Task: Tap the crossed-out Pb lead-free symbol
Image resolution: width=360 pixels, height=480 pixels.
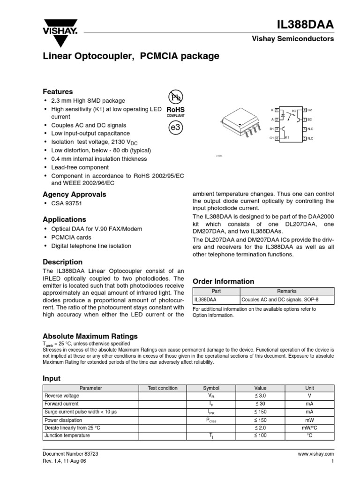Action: point(174,97)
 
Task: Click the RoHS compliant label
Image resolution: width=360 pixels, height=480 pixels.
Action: point(175,111)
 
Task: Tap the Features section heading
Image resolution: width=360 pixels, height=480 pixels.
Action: point(58,92)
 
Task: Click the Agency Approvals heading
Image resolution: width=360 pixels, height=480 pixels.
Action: point(75,194)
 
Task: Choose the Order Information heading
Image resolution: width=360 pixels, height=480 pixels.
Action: point(224,281)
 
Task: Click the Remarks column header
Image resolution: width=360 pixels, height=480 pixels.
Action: point(287,291)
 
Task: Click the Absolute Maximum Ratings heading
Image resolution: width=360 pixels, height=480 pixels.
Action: point(90,336)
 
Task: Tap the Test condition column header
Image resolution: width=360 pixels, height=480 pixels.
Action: point(163,388)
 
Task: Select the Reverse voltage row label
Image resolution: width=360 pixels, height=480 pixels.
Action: point(62,396)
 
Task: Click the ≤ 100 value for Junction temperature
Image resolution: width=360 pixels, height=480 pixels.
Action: point(260,435)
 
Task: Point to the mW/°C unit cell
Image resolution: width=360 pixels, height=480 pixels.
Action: point(309,427)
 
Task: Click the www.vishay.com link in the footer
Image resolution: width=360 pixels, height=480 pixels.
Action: point(315,454)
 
